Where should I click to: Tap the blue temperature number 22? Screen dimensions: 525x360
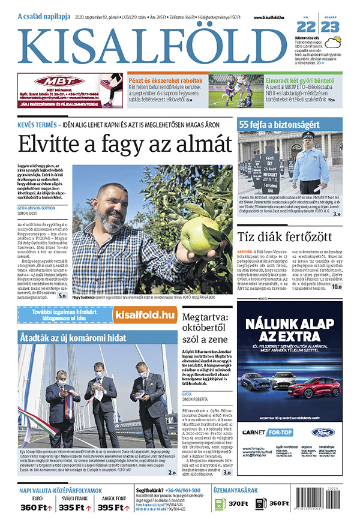pos(305,27)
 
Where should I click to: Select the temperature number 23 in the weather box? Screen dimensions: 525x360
pos(330,27)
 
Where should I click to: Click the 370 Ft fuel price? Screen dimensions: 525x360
pos(238,503)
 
